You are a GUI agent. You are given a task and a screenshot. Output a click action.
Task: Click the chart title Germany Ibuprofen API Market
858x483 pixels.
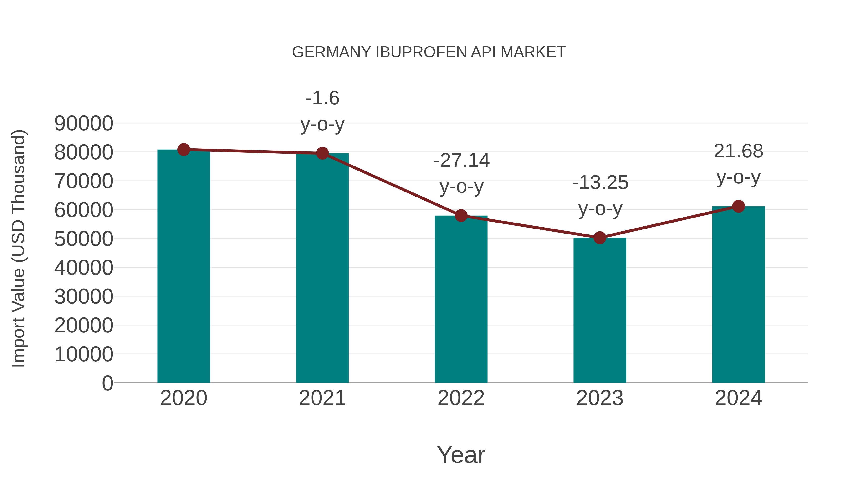[429, 52]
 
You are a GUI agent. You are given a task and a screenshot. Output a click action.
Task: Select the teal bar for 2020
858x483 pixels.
[184, 267]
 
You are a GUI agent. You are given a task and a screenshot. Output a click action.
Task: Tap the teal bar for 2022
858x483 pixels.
[461, 300]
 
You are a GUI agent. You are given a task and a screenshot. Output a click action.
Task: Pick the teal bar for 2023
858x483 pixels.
[600, 310]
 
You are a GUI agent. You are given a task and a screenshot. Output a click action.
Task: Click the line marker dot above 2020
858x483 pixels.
[184, 150]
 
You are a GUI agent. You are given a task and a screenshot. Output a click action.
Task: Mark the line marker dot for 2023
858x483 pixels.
[600, 238]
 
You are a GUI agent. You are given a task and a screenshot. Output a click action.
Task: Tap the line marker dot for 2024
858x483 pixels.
[738, 206]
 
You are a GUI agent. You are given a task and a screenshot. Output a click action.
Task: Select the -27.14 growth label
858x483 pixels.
[461, 161]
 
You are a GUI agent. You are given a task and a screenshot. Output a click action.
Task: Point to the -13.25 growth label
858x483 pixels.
[600, 183]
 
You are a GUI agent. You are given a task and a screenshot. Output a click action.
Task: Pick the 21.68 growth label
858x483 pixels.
[738, 151]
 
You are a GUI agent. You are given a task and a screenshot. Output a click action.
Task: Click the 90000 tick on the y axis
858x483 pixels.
[84, 124]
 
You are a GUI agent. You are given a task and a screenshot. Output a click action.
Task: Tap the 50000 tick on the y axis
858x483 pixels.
[84, 239]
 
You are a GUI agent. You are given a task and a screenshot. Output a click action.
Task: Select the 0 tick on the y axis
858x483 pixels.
[107, 383]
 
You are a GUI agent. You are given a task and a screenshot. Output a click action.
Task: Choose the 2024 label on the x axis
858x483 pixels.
[738, 398]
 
